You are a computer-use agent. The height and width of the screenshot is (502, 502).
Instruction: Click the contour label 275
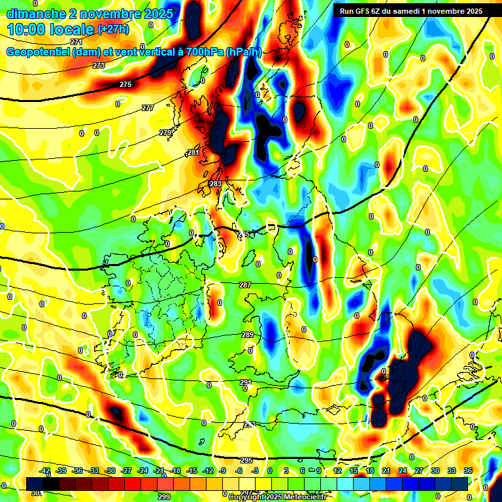[125, 84]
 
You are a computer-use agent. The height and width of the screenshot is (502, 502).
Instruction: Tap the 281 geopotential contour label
[193, 152]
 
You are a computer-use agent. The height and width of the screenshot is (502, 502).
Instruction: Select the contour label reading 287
[245, 285]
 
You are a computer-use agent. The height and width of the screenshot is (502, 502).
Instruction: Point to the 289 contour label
[248, 335]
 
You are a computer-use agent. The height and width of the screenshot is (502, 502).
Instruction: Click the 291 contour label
[246, 382]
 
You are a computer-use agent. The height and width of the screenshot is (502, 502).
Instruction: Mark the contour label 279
[165, 133]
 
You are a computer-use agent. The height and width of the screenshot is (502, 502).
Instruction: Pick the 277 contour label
[148, 108]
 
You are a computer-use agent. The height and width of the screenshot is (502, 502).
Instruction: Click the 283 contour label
[216, 184]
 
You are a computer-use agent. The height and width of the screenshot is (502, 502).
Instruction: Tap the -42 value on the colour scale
[45, 471]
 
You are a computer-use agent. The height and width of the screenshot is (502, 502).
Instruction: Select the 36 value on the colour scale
[468, 471]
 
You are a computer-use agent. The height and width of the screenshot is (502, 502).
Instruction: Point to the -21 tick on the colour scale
[158, 471]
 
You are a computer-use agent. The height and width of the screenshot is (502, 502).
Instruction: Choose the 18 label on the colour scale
[370, 471]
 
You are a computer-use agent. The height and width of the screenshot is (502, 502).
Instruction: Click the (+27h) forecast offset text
[113, 29]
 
